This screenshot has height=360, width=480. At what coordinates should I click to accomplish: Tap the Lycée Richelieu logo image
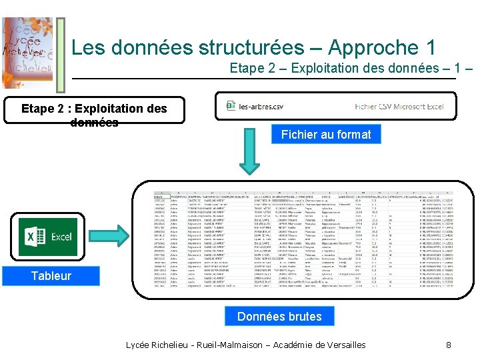click(x=27, y=52)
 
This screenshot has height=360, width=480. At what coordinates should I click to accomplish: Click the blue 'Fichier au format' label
click(x=326, y=134)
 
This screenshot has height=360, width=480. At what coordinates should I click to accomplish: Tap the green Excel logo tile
click(x=48, y=237)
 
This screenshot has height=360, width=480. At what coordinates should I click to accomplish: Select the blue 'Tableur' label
click(x=51, y=275)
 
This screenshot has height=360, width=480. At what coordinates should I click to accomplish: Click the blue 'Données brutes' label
click(x=279, y=316)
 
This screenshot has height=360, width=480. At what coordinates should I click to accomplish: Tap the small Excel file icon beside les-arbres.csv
click(x=230, y=105)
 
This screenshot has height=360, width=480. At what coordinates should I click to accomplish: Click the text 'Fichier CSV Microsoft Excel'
click(x=399, y=106)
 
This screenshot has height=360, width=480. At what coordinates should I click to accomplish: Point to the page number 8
click(x=448, y=345)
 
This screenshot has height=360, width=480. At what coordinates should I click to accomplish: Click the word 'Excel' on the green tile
click(x=61, y=237)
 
